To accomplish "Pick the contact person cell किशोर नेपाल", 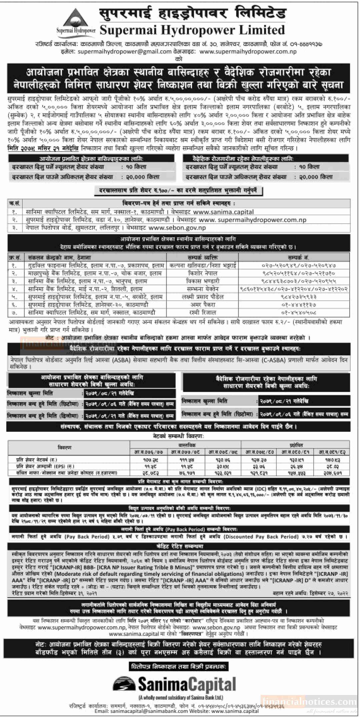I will click(202, 273).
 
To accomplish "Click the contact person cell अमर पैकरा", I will click(202, 305).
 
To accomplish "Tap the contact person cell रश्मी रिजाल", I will click(202, 313).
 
